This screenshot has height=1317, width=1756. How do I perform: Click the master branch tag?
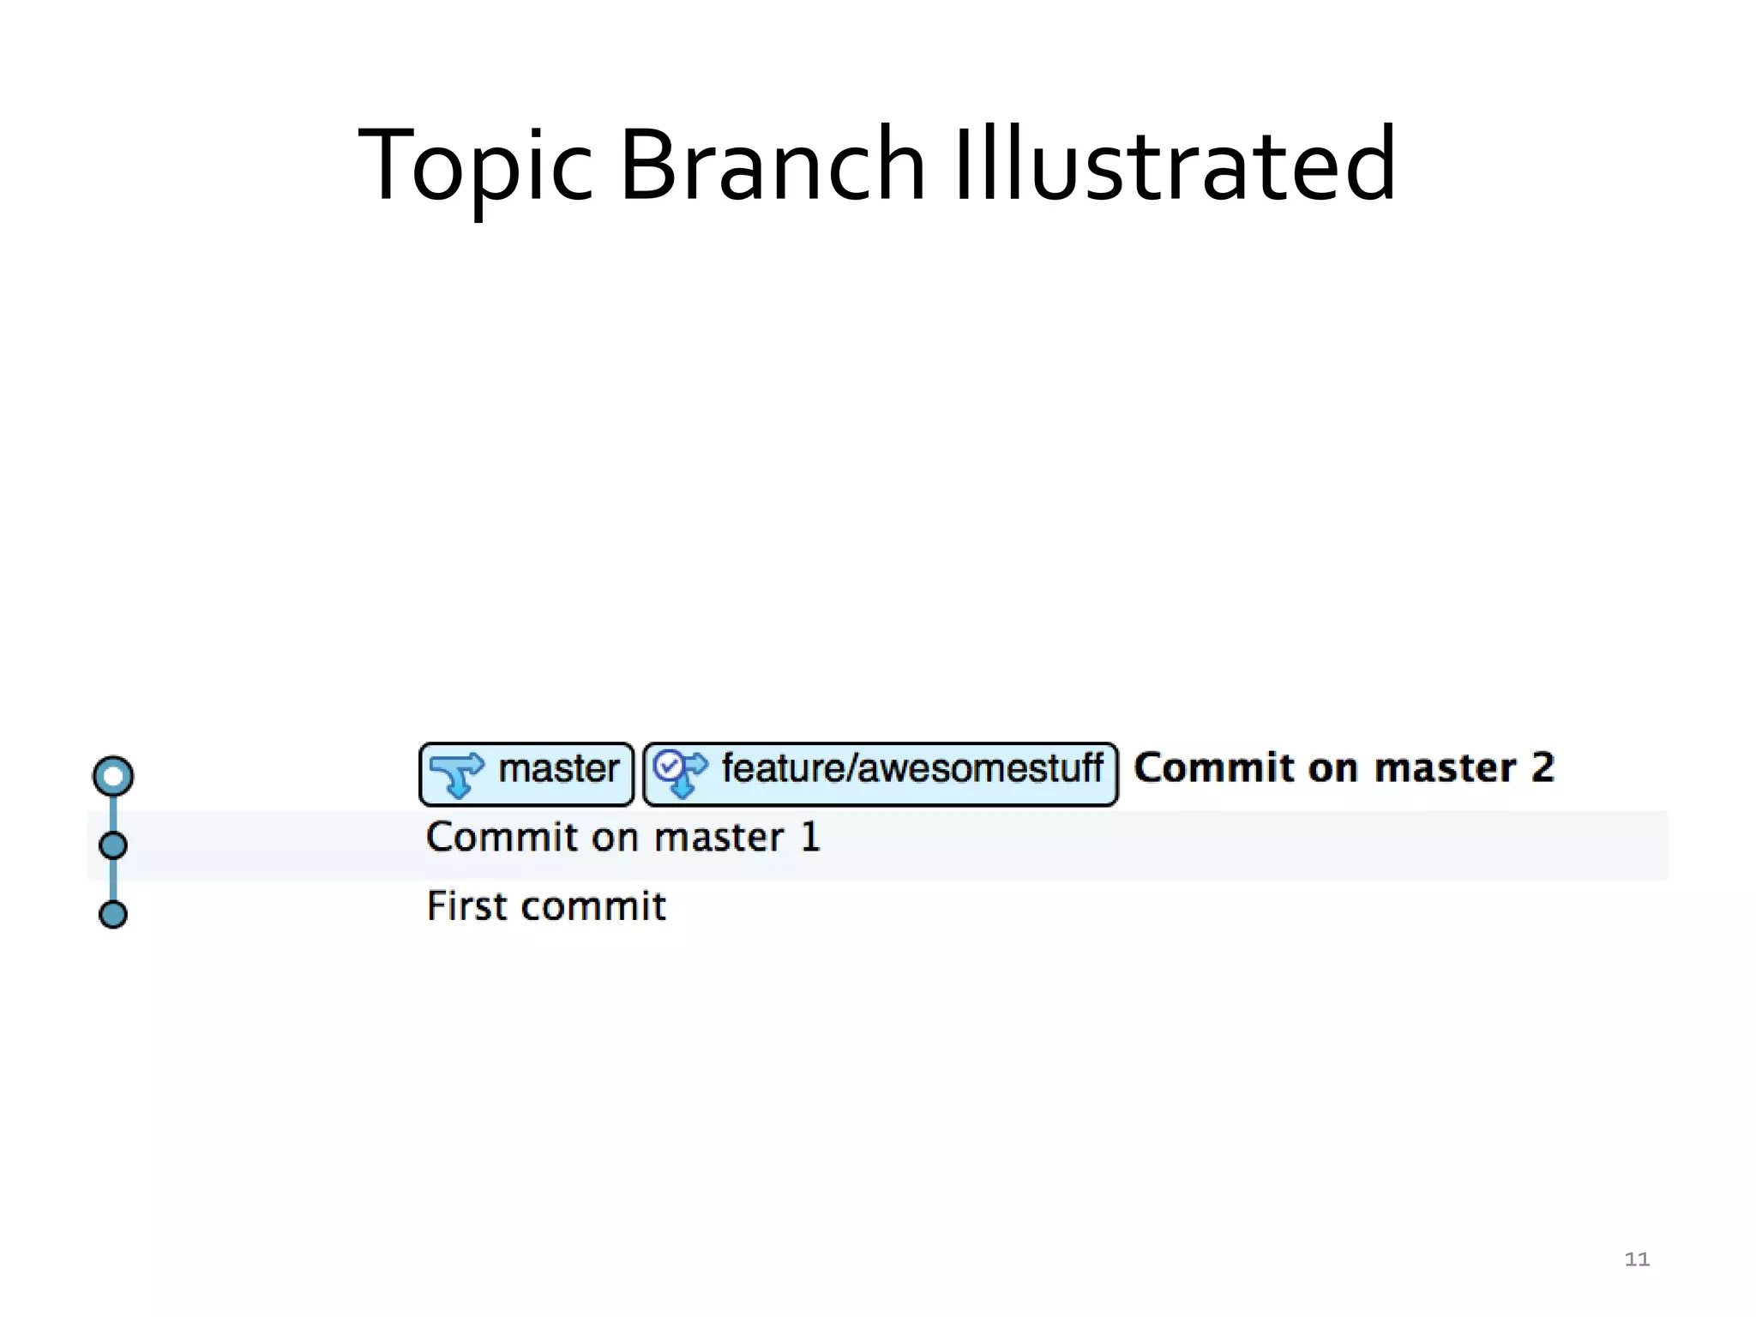[x=526, y=774]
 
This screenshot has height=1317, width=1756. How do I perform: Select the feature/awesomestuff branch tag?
[x=881, y=774]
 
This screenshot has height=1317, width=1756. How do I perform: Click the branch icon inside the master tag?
[x=456, y=773]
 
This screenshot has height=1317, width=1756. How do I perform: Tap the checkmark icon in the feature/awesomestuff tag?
[x=668, y=764]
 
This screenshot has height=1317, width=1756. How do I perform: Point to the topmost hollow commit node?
[x=113, y=776]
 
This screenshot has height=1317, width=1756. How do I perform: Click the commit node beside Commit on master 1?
[x=113, y=845]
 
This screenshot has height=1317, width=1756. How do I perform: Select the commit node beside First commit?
[x=113, y=915]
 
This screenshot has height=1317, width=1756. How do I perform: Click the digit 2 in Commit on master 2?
[x=1543, y=767]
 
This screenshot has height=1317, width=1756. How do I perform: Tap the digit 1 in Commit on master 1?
[x=810, y=838]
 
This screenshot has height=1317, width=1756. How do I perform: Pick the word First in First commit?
[x=468, y=906]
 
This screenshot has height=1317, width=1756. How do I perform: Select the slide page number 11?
[x=1637, y=1259]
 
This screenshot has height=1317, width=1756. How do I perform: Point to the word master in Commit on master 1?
[x=719, y=838]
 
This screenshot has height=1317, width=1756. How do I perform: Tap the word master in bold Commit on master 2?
[x=1445, y=767]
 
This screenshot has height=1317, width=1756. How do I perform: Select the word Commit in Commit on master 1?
[x=502, y=838]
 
